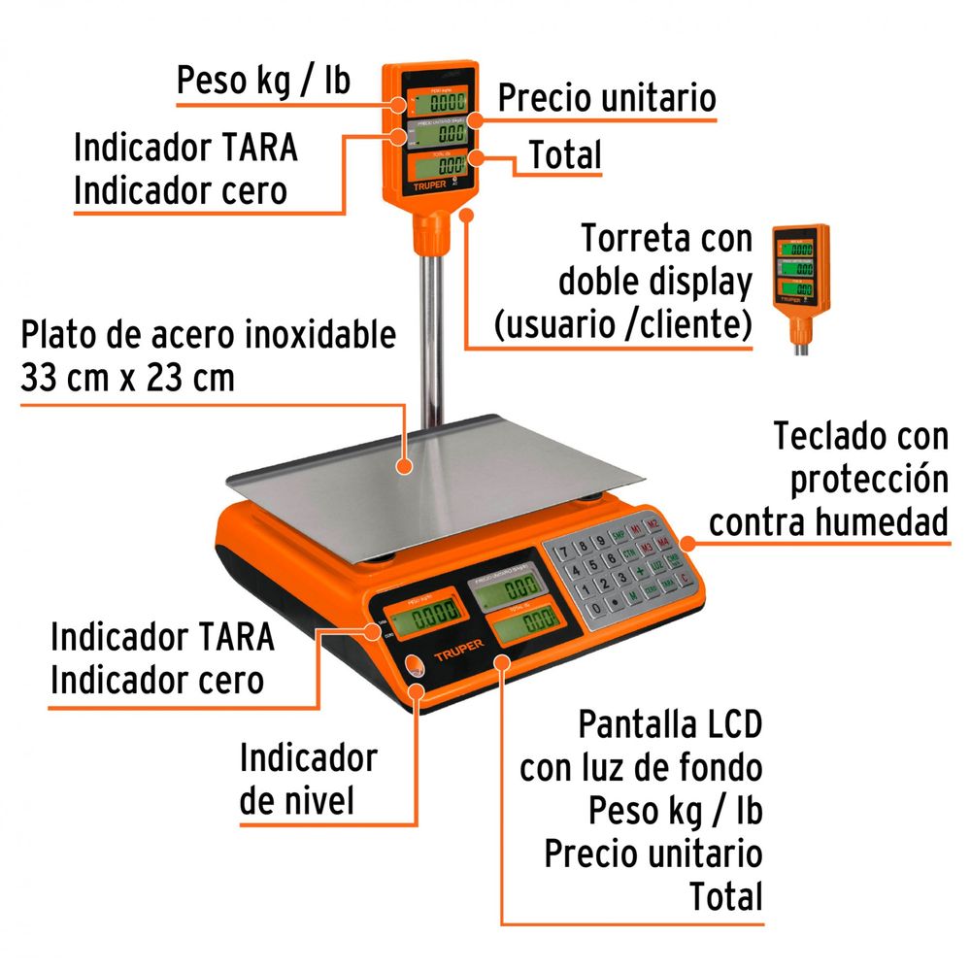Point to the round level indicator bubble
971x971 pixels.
point(414,665)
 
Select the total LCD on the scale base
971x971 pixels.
point(524,624)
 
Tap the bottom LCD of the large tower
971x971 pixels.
point(444,165)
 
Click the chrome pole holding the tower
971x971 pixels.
point(428,330)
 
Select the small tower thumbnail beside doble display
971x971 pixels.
point(800,282)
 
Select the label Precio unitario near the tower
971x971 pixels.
point(607,98)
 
